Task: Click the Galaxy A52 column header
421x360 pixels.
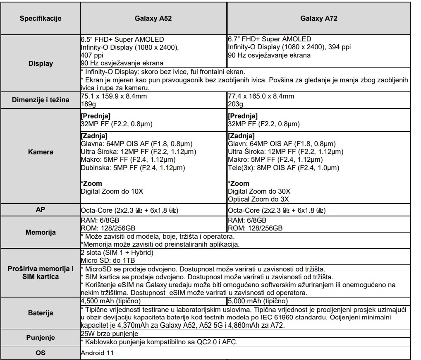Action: [153, 19]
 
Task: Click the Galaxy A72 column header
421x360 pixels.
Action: [316, 19]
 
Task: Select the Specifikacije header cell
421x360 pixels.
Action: [41, 19]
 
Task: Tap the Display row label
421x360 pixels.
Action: [41, 64]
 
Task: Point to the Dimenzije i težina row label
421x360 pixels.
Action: [41, 100]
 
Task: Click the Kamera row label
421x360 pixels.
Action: [41, 152]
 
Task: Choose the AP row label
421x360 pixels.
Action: [41, 209]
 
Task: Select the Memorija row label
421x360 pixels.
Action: [41, 232]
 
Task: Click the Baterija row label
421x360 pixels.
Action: [41, 313]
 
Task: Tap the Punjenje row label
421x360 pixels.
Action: [41, 338]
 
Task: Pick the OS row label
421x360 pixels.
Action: [41, 353]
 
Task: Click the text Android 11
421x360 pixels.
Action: [97, 353]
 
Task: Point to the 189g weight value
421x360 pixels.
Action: [88, 103]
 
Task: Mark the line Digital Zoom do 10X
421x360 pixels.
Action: [112, 191]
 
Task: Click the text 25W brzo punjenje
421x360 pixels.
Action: [107, 334]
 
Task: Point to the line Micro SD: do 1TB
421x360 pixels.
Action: [108, 260]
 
